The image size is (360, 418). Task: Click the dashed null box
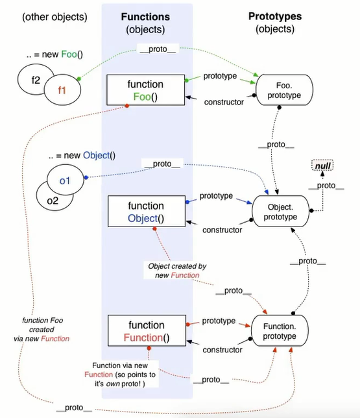(322, 166)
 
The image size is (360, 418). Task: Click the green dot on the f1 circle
(79, 79)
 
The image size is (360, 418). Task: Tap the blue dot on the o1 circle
(86, 177)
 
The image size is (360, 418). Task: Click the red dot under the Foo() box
(127, 106)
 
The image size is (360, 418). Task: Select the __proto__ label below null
(326, 186)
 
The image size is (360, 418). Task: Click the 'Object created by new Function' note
(177, 271)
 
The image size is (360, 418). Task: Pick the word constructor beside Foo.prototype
(224, 102)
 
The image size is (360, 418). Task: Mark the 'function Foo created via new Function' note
(42, 330)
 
